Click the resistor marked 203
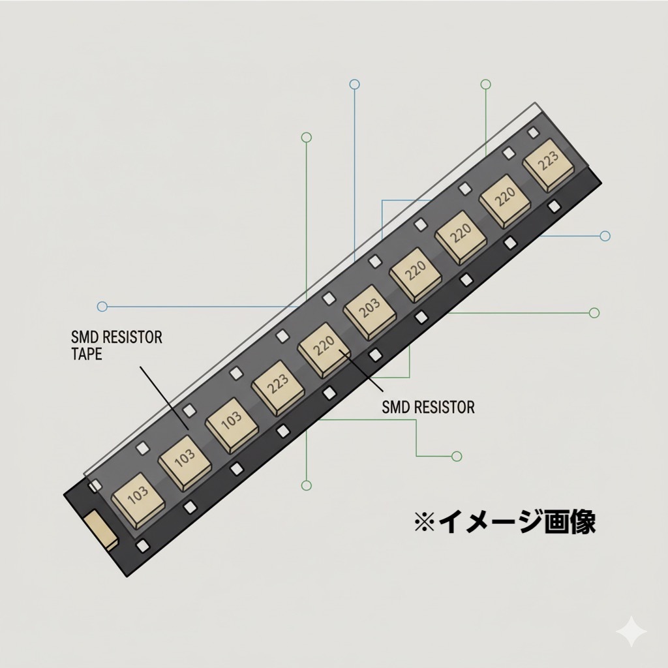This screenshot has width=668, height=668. click(x=369, y=311)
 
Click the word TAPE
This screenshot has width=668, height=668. click(x=87, y=354)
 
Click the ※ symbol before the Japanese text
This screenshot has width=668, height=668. click(x=425, y=521)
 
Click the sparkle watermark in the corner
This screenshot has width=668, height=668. click(x=631, y=632)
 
